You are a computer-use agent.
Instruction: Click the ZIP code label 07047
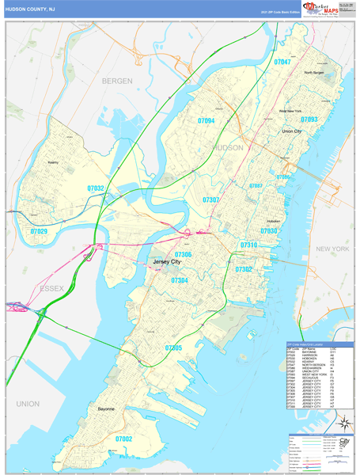point(282,62)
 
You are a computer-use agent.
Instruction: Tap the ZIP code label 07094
point(206,121)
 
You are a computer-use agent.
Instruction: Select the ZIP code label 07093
point(309,120)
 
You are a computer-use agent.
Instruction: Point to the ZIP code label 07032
point(96,188)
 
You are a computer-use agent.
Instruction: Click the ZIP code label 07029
point(39,231)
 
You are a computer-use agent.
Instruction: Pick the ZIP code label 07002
point(123,438)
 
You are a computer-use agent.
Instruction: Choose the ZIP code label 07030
point(269,230)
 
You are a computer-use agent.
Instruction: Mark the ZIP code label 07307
point(211,200)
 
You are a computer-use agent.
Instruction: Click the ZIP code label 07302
point(243,270)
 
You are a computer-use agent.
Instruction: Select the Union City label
point(292,131)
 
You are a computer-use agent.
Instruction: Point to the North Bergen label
point(314,73)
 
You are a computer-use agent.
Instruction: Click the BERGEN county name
point(119,81)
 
